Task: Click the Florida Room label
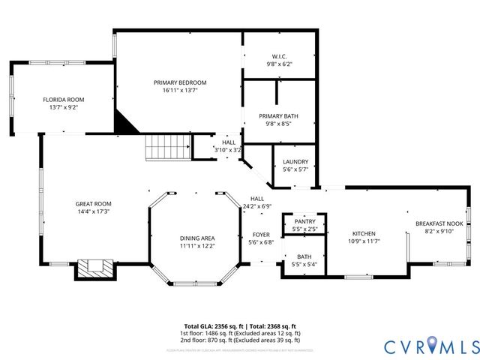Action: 63,99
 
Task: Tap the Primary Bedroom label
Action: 180,82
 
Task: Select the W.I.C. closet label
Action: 279,56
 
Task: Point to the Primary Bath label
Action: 279,116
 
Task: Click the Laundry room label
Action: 295,161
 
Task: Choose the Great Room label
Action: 93,204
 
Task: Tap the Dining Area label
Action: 197,238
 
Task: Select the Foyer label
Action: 260,235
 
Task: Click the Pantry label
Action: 304,221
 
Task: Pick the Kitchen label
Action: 364,233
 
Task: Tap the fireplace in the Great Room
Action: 94,268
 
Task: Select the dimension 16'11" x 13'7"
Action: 180,91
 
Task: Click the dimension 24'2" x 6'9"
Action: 256,206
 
